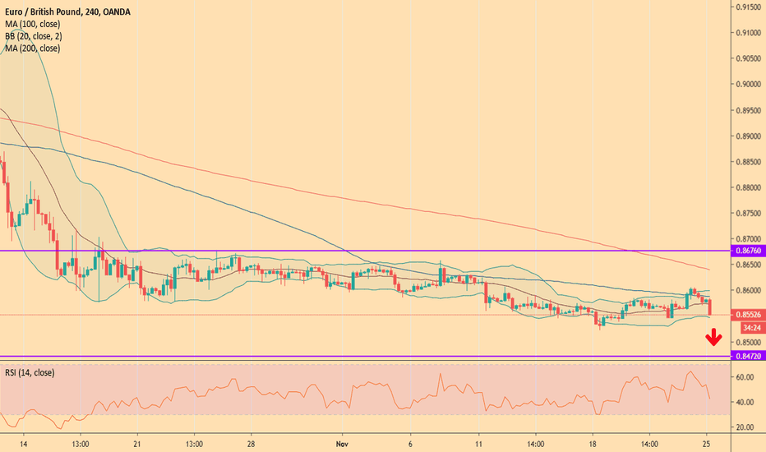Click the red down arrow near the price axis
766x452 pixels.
click(714, 337)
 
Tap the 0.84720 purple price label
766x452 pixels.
click(746, 357)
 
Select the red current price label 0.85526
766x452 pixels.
click(746, 315)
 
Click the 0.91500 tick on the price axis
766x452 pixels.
click(746, 7)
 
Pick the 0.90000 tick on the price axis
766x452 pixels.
click(746, 84)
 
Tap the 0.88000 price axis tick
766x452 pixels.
click(746, 187)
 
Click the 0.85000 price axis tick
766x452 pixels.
click(746, 342)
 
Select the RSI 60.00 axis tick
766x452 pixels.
click(745, 377)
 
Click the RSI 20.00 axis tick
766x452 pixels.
click(745, 427)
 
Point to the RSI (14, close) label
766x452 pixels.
click(30, 372)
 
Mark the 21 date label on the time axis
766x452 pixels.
click(136, 442)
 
